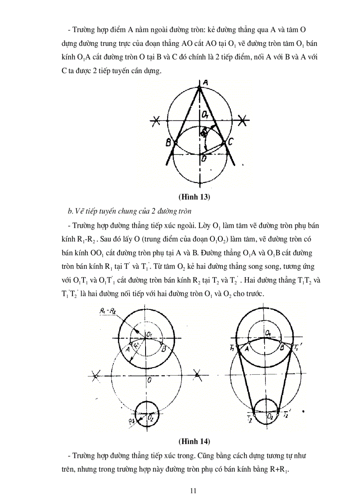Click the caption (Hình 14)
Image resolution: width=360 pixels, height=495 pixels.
(194, 441)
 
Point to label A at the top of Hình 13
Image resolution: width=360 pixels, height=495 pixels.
(205, 82)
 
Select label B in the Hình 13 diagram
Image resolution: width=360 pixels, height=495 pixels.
(168, 142)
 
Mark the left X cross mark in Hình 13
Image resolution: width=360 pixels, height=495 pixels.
(155, 119)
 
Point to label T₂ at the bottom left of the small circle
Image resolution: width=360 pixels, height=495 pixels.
(250, 417)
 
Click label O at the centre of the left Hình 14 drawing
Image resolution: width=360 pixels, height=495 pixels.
(150, 379)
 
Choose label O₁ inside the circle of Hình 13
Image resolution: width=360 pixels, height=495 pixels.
(205, 115)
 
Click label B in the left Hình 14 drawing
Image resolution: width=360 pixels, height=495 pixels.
(164, 350)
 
